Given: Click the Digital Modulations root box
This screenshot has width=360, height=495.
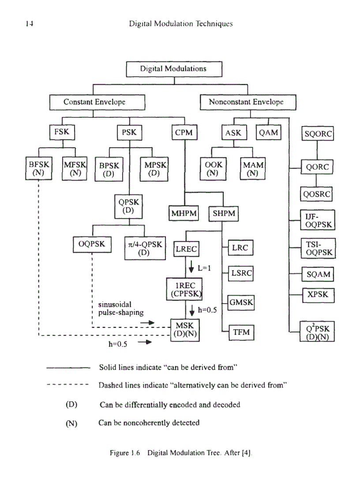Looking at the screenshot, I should click(173, 69).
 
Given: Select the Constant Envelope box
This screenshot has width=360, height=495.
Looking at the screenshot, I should click(94, 102).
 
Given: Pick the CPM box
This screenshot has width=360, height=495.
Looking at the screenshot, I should click(184, 132).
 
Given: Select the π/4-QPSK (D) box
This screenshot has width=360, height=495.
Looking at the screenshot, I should click(143, 249).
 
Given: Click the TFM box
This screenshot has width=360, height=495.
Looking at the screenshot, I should click(241, 332).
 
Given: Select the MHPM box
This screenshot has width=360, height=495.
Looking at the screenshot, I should click(184, 214).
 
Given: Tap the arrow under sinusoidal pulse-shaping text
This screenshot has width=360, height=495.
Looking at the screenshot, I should click(147, 323).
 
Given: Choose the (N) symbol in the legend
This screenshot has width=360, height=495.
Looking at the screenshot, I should click(71, 423).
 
